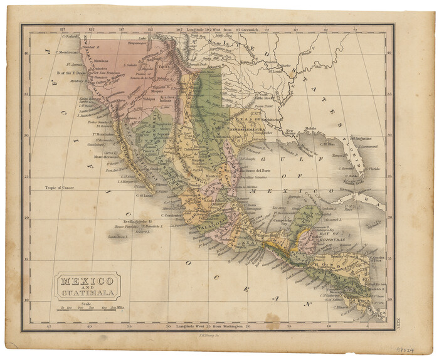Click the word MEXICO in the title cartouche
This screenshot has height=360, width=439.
point(87,280)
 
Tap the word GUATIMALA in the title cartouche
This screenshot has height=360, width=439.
point(87,293)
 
